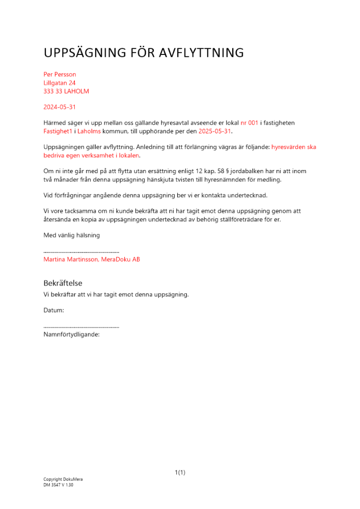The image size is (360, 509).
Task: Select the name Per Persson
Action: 60,74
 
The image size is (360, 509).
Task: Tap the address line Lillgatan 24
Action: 60,83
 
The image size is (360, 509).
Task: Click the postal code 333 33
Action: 52,92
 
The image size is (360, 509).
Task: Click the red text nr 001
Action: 250,123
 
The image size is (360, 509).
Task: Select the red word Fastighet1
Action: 58,131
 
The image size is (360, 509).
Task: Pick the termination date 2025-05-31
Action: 214,131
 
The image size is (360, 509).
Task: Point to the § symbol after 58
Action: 228,171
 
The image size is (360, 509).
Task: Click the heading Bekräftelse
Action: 63,284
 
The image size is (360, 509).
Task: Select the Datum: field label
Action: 53,310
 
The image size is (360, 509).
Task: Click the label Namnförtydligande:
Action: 71,334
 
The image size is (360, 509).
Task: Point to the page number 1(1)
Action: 180,473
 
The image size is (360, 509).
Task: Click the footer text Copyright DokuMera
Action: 63,479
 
